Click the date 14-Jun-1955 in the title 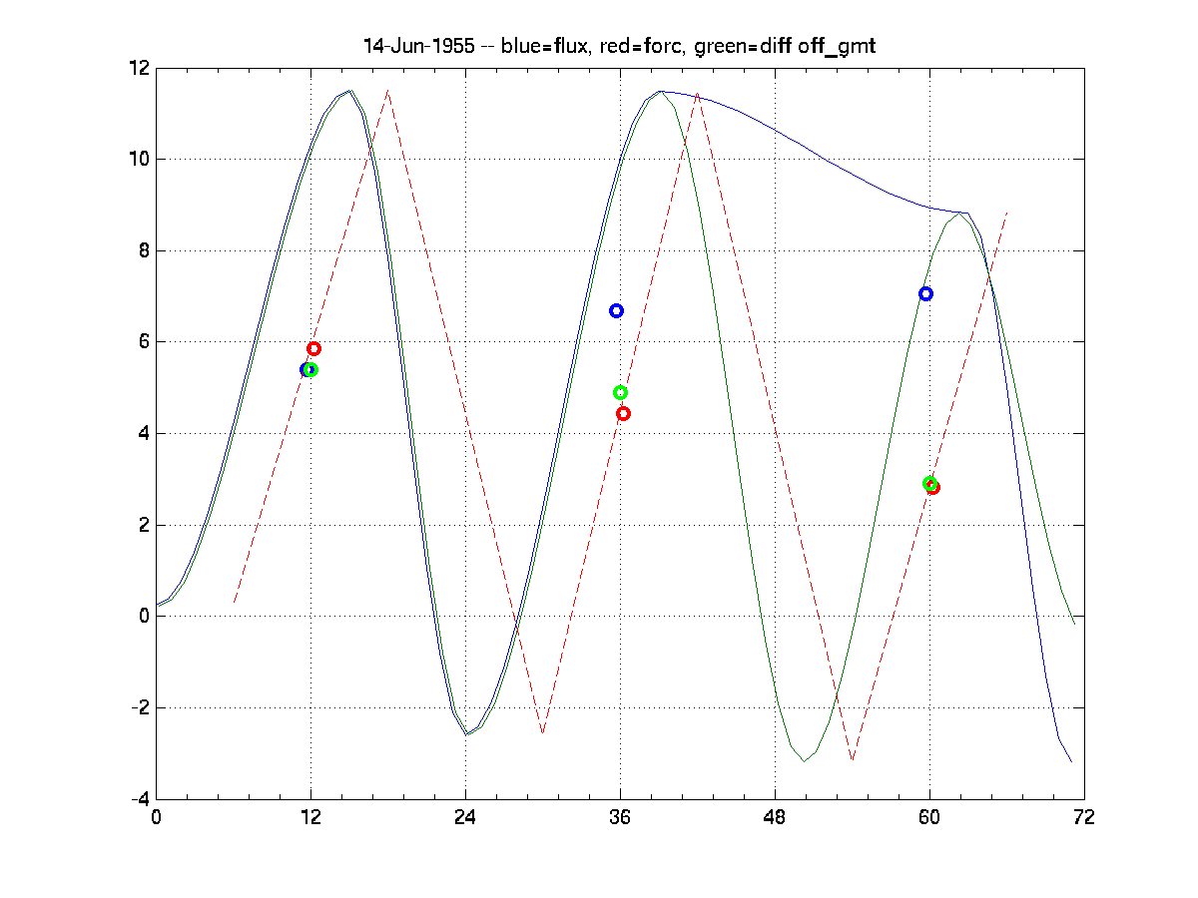pos(418,47)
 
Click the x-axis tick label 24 pos(465,817)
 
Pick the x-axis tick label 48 pos(775,817)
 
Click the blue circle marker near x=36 pos(616,310)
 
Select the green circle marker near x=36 pos(620,392)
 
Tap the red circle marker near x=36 pos(623,413)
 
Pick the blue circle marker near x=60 pos(925,293)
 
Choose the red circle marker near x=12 pos(313,348)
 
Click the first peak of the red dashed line pos(388,91)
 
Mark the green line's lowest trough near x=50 pos(804,761)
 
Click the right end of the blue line pos(1071,762)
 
